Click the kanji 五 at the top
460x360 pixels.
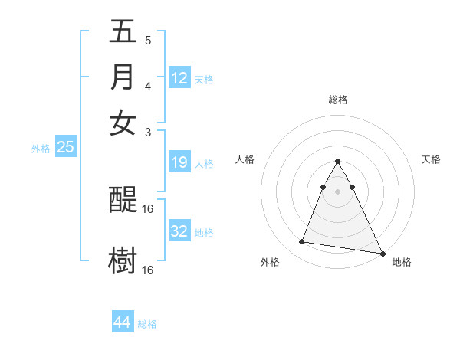click(123, 33)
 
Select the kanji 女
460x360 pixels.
click(123, 123)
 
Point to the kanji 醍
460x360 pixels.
click(123, 201)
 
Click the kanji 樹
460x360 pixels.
click(123, 260)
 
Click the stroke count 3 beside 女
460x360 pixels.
click(147, 131)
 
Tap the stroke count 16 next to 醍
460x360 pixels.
click(148, 208)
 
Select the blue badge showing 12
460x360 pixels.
click(179, 78)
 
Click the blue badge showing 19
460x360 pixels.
click(179, 162)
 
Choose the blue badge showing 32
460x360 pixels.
click(179, 231)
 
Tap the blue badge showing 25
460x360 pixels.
click(65, 148)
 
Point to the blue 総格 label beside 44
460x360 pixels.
click(147, 324)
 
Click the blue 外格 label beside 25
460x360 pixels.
click(41, 149)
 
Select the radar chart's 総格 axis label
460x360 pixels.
click(338, 100)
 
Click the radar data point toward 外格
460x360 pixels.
click(302, 242)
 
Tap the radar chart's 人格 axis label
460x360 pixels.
click(245, 159)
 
